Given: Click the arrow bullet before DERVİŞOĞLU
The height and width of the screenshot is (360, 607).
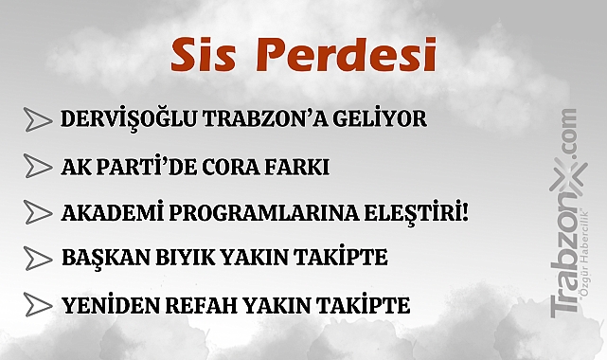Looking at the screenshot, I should (37, 120).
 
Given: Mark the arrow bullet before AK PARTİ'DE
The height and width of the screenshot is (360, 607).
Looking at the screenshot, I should (37, 167).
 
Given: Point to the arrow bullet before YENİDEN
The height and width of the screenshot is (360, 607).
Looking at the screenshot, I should (37, 305).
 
